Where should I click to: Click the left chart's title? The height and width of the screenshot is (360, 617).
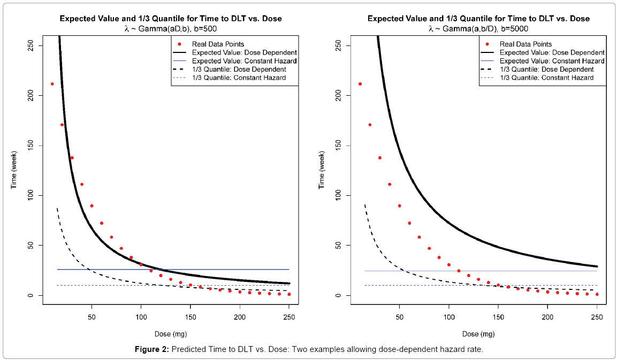tap(170, 19)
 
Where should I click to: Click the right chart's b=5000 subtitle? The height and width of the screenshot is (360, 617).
tap(478, 28)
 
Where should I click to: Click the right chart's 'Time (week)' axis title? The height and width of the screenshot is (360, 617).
tap(321, 170)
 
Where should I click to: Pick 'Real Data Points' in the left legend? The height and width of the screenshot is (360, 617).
tap(218, 44)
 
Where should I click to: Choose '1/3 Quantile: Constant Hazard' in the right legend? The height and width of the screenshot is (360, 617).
tap(546, 78)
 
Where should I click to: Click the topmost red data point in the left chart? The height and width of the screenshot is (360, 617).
tap(52, 84)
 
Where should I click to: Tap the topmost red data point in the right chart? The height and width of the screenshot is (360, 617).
tap(360, 84)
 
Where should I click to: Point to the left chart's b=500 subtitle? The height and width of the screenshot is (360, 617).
tap(171, 28)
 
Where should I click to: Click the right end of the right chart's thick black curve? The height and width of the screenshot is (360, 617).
tap(597, 266)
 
